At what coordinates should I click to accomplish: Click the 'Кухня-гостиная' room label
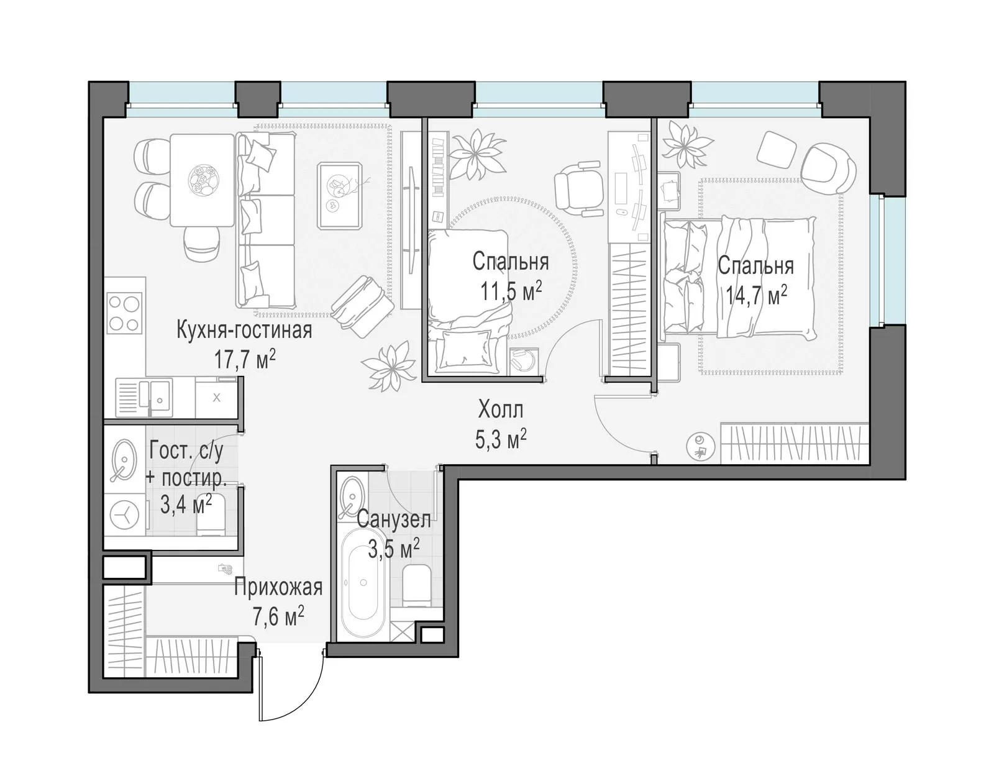click(x=244, y=331)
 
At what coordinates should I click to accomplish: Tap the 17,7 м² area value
click(x=245, y=360)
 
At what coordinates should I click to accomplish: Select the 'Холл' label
click(x=501, y=409)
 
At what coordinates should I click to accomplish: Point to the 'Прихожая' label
click(x=278, y=587)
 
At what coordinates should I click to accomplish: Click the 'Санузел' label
click(x=393, y=520)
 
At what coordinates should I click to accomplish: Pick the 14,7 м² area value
click(x=757, y=296)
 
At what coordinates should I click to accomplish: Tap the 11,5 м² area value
click(x=511, y=291)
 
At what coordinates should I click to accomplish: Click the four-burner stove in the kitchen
click(x=124, y=313)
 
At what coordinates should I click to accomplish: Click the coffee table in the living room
click(x=340, y=195)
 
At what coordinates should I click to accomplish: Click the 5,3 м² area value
click(x=501, y=439)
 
